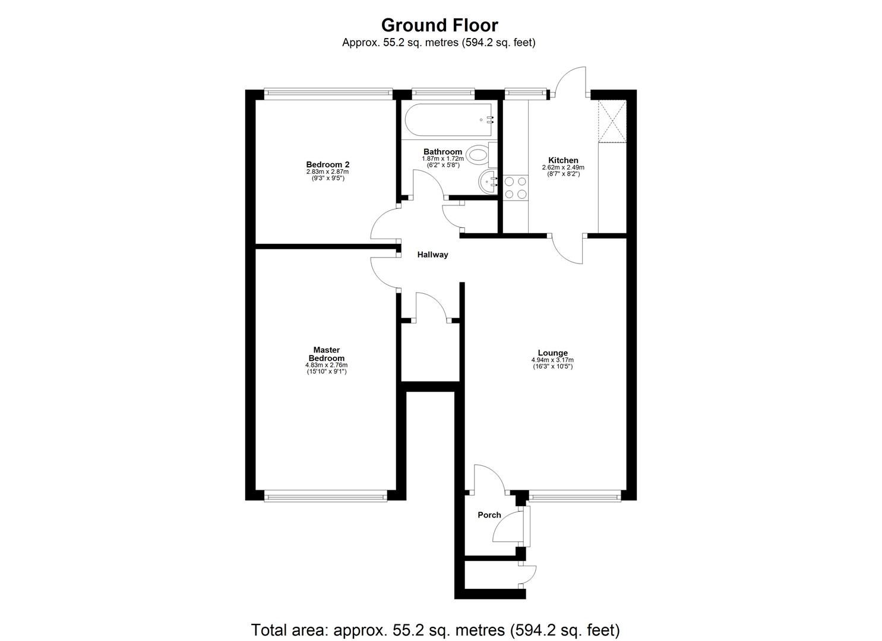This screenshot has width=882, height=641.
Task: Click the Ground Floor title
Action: (439, 25)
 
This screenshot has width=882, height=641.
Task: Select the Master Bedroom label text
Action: (326, 354)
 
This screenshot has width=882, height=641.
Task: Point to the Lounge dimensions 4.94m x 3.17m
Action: (552, 360)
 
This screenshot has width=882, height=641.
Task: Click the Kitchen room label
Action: (563, 160)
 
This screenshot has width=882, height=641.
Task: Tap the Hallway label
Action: (432, 255)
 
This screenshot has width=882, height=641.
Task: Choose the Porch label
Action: (489, 515)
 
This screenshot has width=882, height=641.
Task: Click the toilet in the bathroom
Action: (478, 156)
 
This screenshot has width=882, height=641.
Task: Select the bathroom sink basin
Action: (489, 180)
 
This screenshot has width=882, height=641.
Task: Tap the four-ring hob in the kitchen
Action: (515, 188)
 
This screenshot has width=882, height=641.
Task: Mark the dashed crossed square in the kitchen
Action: (612, 122)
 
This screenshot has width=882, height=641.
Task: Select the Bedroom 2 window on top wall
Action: (328, 93)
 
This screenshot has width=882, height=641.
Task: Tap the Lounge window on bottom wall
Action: (575, 495)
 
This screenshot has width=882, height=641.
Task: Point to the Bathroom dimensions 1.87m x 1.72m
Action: (442, 159)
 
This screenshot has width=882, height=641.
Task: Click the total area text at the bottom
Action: (435, 630)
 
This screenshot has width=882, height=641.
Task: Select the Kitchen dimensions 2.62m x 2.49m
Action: (563, 168)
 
